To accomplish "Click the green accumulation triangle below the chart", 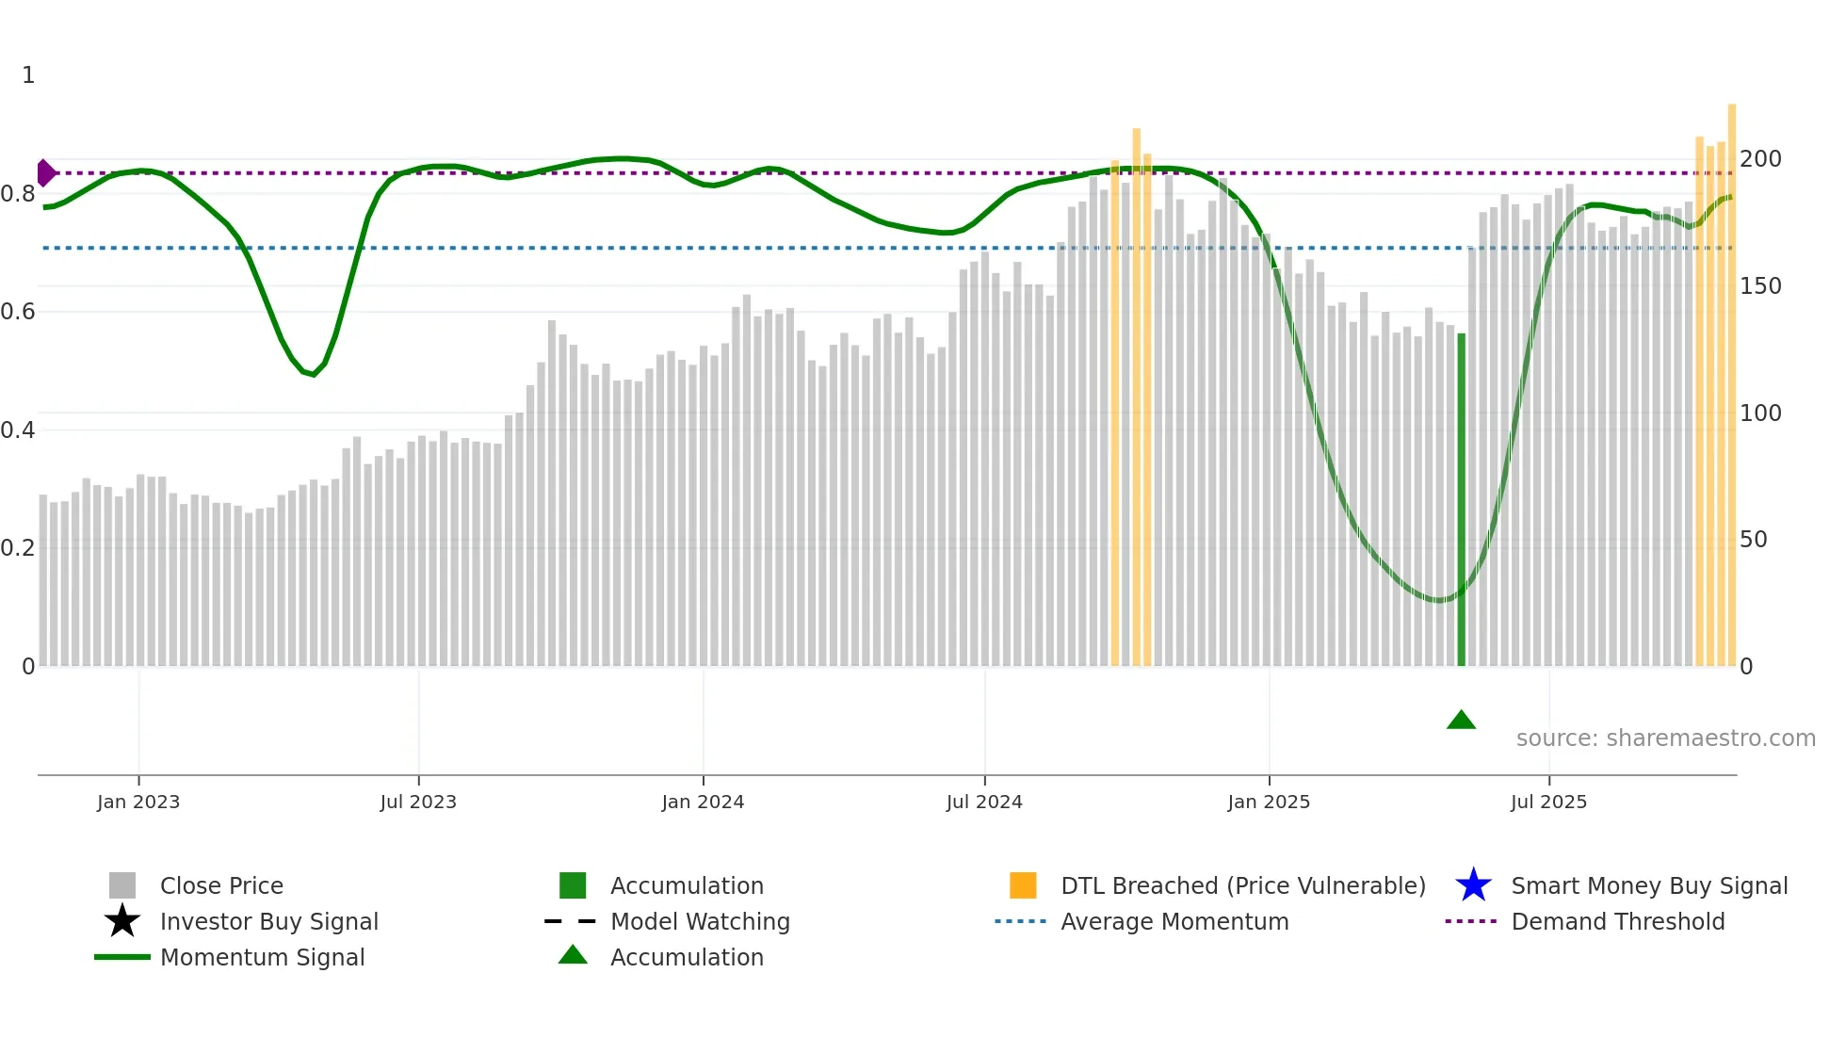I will [x=1461, y=721].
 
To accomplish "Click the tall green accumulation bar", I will [x=1461, y=499].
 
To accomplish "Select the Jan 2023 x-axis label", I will [x=138, y=802].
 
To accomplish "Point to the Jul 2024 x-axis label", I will [x=984, y=802].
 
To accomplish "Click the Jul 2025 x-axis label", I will [x=1548, y=802].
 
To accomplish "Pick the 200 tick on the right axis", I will [x=1760, y=158].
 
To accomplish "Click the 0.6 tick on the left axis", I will [x=19, y=312].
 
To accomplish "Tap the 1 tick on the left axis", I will [x=28, y=75].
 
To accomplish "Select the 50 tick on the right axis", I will [x=1754, y=540].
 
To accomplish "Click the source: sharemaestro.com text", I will [x=1665, y=738].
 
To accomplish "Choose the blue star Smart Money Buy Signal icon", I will [x=1473, y=885].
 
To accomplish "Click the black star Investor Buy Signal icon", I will [x=122, y=921].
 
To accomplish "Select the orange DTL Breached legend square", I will [x=1023, y=885].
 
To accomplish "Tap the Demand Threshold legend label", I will [x=1617, y=921].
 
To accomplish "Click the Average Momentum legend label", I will [x=1174, y=921].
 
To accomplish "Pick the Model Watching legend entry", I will [x=700, y=921].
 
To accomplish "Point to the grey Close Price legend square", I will [x=122, y=885].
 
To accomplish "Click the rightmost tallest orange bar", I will [x=1731, y=377].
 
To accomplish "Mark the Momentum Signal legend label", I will [x=262, y=957].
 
